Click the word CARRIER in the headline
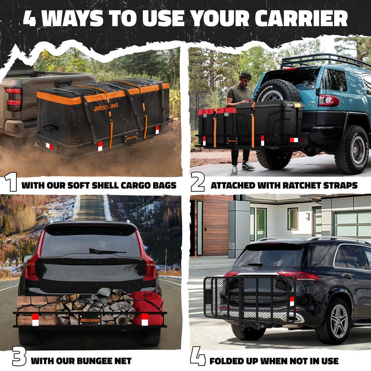click(301, 19)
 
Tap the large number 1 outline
click(11, 182)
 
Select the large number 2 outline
click(198, 182)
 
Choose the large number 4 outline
click(198, 356)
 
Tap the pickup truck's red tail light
click(13, 99)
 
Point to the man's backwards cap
click(245, 75)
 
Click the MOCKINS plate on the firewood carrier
click(90, 320)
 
